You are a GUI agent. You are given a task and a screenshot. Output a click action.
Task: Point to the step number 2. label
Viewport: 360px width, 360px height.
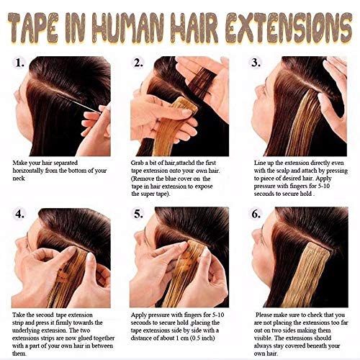[138, 63]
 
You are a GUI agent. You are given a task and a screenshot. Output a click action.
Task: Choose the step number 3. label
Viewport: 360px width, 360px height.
[256, 63]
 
